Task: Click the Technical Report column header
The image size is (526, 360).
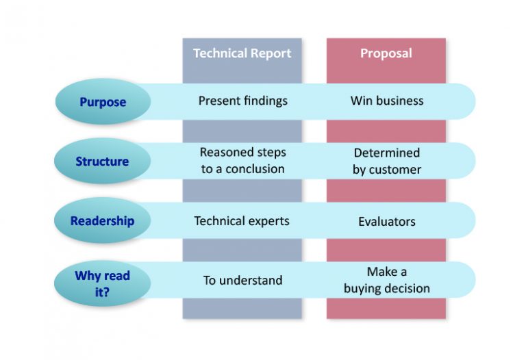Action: point(242,53)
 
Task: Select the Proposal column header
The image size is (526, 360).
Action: point(386,53)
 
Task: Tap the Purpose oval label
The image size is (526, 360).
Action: point(103,102)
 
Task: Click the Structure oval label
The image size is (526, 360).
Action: point(102,162)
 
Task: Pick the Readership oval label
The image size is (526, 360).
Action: point(102,221)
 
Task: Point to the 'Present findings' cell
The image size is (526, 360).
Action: point(243,101)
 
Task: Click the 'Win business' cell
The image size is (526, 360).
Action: point(387,101)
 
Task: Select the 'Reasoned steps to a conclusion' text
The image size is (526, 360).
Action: point(242,161)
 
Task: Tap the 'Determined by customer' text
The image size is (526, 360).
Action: point(387,161)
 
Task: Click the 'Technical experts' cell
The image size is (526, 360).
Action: point(242,221)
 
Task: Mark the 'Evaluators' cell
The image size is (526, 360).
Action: point(387,222)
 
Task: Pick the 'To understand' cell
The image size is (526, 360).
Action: point(242,281)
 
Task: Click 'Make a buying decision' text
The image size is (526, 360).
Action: point(387,280)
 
